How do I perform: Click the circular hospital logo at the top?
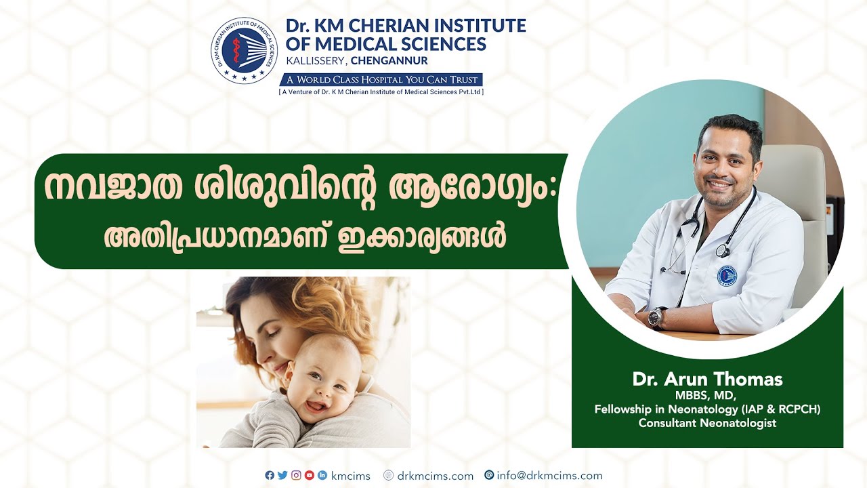pyautogui.click(x=244, y=51)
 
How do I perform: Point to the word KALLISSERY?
pyautogui.click(x=315, y=61)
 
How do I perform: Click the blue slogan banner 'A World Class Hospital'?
pyautogui.click(x=381, y=79)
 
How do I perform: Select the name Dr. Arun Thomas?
pyautogui.click(x=707, y=380)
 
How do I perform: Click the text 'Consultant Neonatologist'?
pyautogui.click(x=707, y=423)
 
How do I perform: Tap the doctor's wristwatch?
pyautogui.click(x=656, y=317)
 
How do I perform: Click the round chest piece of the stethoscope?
pyautogui.click(x=722, y=251)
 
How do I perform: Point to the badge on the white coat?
pyautogui.click(x=726, y=274)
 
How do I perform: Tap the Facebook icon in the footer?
pyautogui.click(x=270, y=476)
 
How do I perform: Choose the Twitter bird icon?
pyautogui.click(x=282, y=476)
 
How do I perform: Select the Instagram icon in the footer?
pyautogui.click(x=296, y=476)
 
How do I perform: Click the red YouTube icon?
pyautogui.click(x=310, y=476)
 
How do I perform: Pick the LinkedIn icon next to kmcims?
pyautogui.click(x=322, y=476)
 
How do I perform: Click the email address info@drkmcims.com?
pyautogui.click(x=549, y=476)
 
